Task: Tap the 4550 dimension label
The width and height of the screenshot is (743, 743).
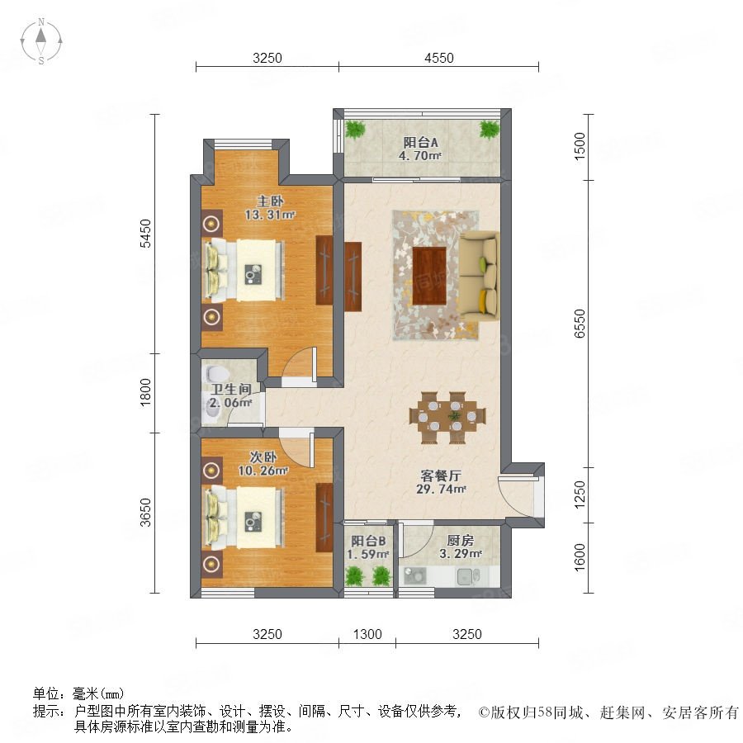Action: pos(439,58)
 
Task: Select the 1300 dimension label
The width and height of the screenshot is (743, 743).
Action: pos(367,634)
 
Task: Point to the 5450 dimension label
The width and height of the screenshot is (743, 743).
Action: pos(145,233)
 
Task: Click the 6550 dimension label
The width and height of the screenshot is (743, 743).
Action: pos(580,323)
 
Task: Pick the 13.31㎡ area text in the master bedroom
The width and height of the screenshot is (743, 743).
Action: pos(270,215)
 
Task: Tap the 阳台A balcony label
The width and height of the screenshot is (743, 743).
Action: pos(420,142)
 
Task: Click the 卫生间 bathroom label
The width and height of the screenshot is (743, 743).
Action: pos(231,390)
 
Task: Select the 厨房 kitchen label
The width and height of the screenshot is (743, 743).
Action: pos(460,540)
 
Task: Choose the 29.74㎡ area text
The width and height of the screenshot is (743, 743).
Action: pos(441,489)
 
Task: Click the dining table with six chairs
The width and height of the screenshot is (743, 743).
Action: pos(447,418)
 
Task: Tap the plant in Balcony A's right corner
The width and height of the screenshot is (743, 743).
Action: pos(490,129)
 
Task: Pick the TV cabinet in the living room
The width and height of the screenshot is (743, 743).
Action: pos(353,277)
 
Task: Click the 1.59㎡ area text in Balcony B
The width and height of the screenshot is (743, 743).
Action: pos(368,554)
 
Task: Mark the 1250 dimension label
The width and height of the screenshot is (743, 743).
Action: pos(580,495)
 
